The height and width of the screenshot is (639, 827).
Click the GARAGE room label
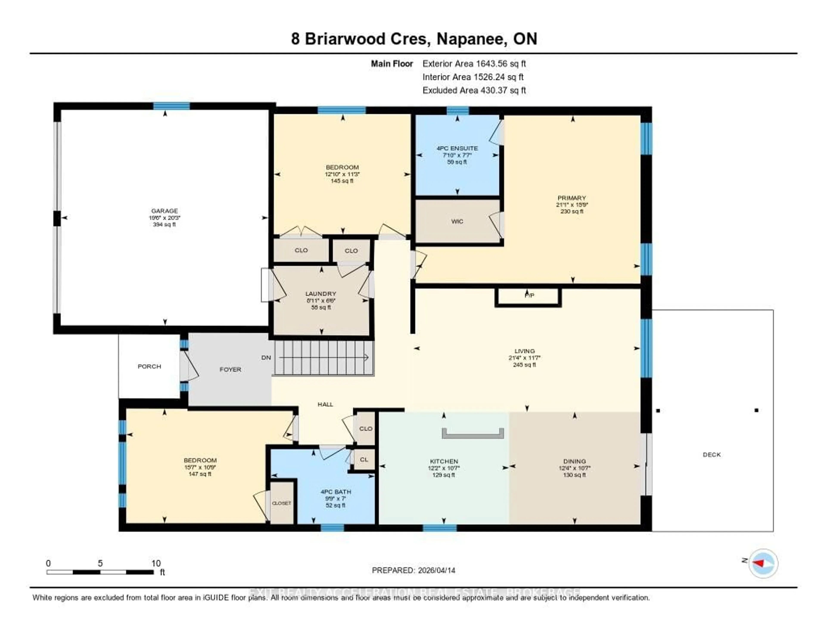coord(164,211)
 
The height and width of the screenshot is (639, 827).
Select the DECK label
coord(712,455)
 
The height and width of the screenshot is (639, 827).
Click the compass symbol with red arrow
coord(763,563)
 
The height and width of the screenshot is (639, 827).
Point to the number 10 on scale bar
coord(156,563)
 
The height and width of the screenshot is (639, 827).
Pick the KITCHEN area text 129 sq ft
coord(444,475)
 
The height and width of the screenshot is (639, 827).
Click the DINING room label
coord(574,461)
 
